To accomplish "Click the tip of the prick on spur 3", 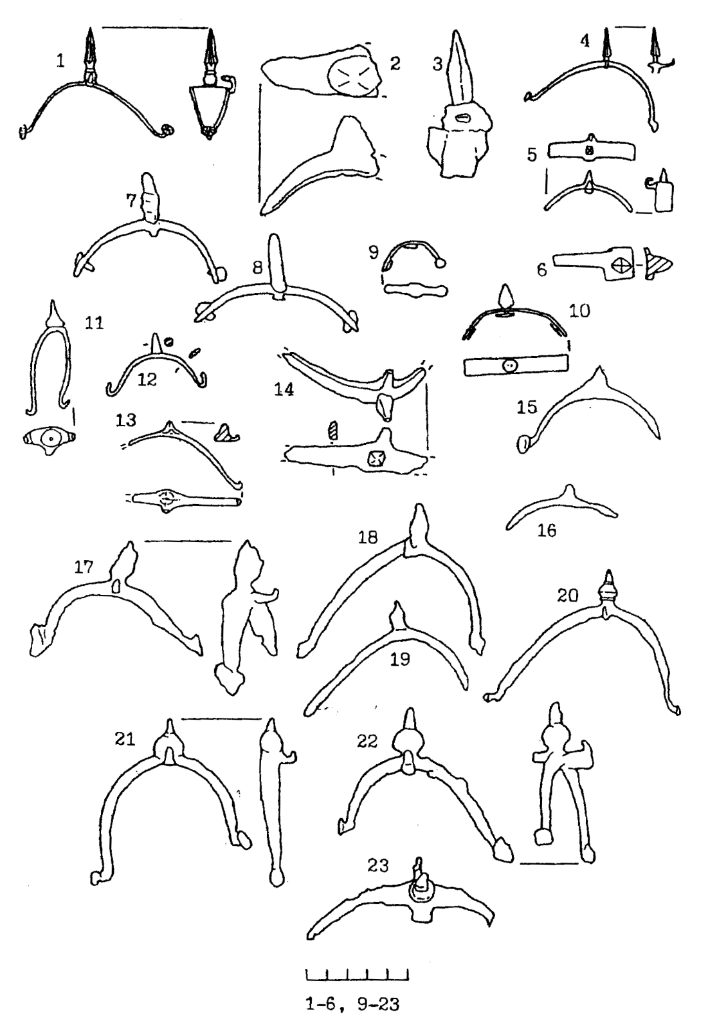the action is (x=455, y=32).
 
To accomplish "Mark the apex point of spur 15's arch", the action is (x=599, y=366).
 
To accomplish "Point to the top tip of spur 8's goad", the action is (x=274, y=235).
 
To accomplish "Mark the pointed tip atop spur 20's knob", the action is (x=609, y=571).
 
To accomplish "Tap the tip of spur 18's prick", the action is (x=419, y=505).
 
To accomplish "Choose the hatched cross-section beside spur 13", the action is (x=226, y=433).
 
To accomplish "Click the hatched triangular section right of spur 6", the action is (x=657, y=263).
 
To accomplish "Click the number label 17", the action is (x=84, y=567).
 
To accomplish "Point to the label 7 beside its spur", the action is (x=131, y=200).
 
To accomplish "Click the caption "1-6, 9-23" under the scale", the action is (x=352, y=1004).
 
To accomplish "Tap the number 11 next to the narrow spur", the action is (x=94, y=323).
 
